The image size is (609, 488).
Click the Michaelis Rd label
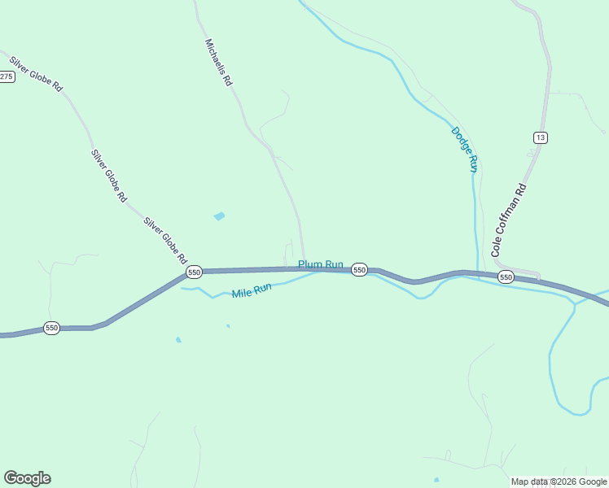pos(219,63)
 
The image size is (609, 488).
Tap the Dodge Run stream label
pos(463,148)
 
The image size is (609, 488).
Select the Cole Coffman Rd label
pos(510,220)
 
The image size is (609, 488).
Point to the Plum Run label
pos(321,264)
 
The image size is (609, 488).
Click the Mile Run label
pos(251,290)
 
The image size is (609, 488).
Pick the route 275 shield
pos(7,76)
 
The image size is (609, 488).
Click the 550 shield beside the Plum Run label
pos(359,270)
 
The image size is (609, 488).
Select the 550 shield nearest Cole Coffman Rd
pos(506,277)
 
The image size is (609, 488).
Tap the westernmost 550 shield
pos(52,328)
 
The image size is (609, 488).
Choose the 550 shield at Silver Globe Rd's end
pos(194,272)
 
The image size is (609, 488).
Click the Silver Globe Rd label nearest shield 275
pos(37,73)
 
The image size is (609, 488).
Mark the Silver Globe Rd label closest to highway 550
pos(165,240)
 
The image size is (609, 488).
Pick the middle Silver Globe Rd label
pos(109,175)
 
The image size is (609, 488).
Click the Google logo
pos(27,478)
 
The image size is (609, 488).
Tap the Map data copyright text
pos(559,481)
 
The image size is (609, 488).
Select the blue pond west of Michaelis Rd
pos(219,216)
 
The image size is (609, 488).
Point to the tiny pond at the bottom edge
pos(436,479)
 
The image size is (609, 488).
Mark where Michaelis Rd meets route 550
pos(304,268)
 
